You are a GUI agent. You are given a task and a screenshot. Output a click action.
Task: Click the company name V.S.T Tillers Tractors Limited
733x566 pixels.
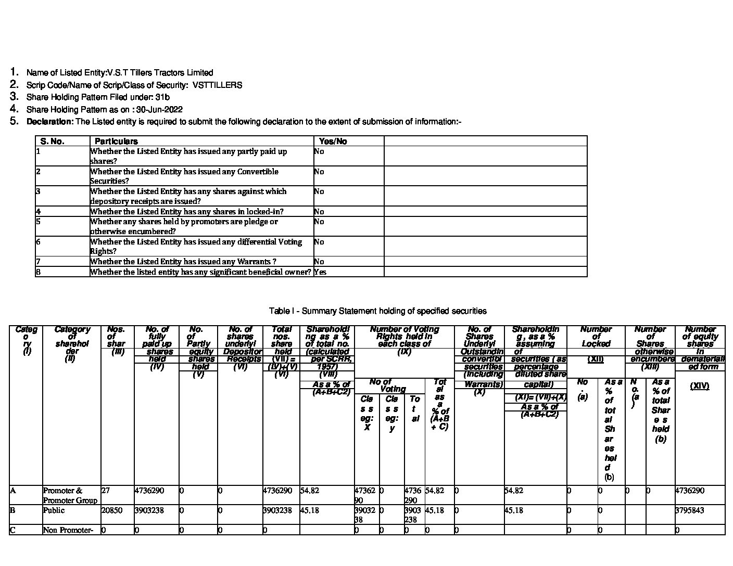pos(160,73)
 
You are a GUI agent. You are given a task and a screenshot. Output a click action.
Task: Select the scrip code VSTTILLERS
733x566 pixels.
pos(217,85)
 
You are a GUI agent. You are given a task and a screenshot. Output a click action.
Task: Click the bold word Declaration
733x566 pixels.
pos(50,122)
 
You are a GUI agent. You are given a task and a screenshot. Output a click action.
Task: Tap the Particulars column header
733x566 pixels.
pos(116,141)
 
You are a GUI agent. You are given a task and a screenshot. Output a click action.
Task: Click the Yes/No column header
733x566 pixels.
pos(333,141)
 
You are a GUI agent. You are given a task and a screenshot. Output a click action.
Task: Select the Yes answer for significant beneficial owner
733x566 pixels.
pos(320,272)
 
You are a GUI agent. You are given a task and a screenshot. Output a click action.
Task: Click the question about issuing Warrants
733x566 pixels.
pos(183,262)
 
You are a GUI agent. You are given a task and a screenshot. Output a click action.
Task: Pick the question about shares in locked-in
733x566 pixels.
pos(187,212)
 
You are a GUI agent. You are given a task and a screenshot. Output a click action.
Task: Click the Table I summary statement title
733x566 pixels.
pos(377,311)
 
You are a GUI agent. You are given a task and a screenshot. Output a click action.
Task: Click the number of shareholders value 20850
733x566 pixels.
pos(111,510)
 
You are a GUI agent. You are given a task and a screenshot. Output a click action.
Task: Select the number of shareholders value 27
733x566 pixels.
pos(105,491)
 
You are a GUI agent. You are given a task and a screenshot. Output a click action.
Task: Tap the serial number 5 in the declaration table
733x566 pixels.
pos(39,222)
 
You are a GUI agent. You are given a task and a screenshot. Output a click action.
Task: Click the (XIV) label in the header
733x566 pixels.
pos(699,386)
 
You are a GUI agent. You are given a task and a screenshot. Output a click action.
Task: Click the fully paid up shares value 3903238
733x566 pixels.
pos(149,510)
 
